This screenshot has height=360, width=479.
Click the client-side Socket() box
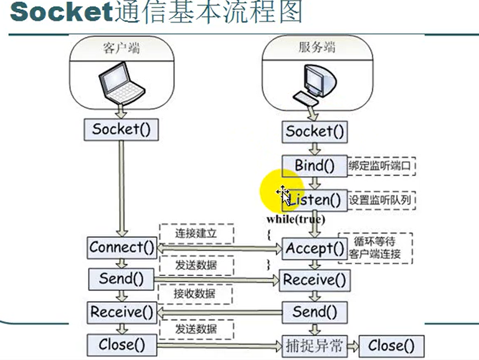pos(121,130)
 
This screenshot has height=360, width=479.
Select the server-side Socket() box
pos(315,132)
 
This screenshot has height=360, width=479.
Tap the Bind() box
pos(315,165)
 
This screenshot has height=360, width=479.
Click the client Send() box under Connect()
pos(122,279)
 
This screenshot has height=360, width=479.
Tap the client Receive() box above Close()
pos(122,312)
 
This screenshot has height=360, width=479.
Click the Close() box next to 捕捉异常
pos(391,346)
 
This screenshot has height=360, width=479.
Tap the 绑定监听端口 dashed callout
pos(381,165)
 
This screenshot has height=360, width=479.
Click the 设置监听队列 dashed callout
pos(382,200)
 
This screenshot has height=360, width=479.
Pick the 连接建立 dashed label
pos(196,233)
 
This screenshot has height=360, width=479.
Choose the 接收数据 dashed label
pos(196,294)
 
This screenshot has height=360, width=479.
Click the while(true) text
pos(296,219)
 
